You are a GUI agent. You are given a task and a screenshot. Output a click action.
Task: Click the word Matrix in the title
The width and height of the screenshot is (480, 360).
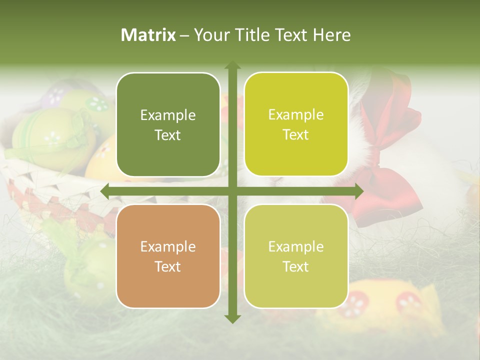click(x=148, y=35)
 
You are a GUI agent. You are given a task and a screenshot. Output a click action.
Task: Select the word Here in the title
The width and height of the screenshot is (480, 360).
click(x=331, y=35)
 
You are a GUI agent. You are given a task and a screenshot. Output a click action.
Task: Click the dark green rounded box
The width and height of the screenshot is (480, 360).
click(x=168, y=124)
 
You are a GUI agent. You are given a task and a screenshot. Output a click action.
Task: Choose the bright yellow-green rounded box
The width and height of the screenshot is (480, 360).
click(x=296, y=124)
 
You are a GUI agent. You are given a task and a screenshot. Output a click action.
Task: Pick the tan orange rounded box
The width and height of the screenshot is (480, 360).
click(x=168, y=256)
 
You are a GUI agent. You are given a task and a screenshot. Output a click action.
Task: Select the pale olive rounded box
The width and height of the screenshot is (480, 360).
click(x=296, y=256)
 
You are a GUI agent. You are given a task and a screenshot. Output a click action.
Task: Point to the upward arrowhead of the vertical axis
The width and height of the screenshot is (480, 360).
click(x=232, y=65)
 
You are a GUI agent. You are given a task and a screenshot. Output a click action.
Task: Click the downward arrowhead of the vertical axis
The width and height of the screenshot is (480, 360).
click(x=232, y=318)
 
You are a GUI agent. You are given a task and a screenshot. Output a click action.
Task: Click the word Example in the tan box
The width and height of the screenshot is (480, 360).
click(x=168, y=246)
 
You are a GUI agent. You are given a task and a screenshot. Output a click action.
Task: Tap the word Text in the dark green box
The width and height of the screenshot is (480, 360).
click(x=168, y=135)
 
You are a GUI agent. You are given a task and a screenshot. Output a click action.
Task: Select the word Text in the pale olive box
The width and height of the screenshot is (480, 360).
click(x=296, y=266)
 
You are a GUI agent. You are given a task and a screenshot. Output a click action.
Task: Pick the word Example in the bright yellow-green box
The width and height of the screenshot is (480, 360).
click(x=296, y=115)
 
